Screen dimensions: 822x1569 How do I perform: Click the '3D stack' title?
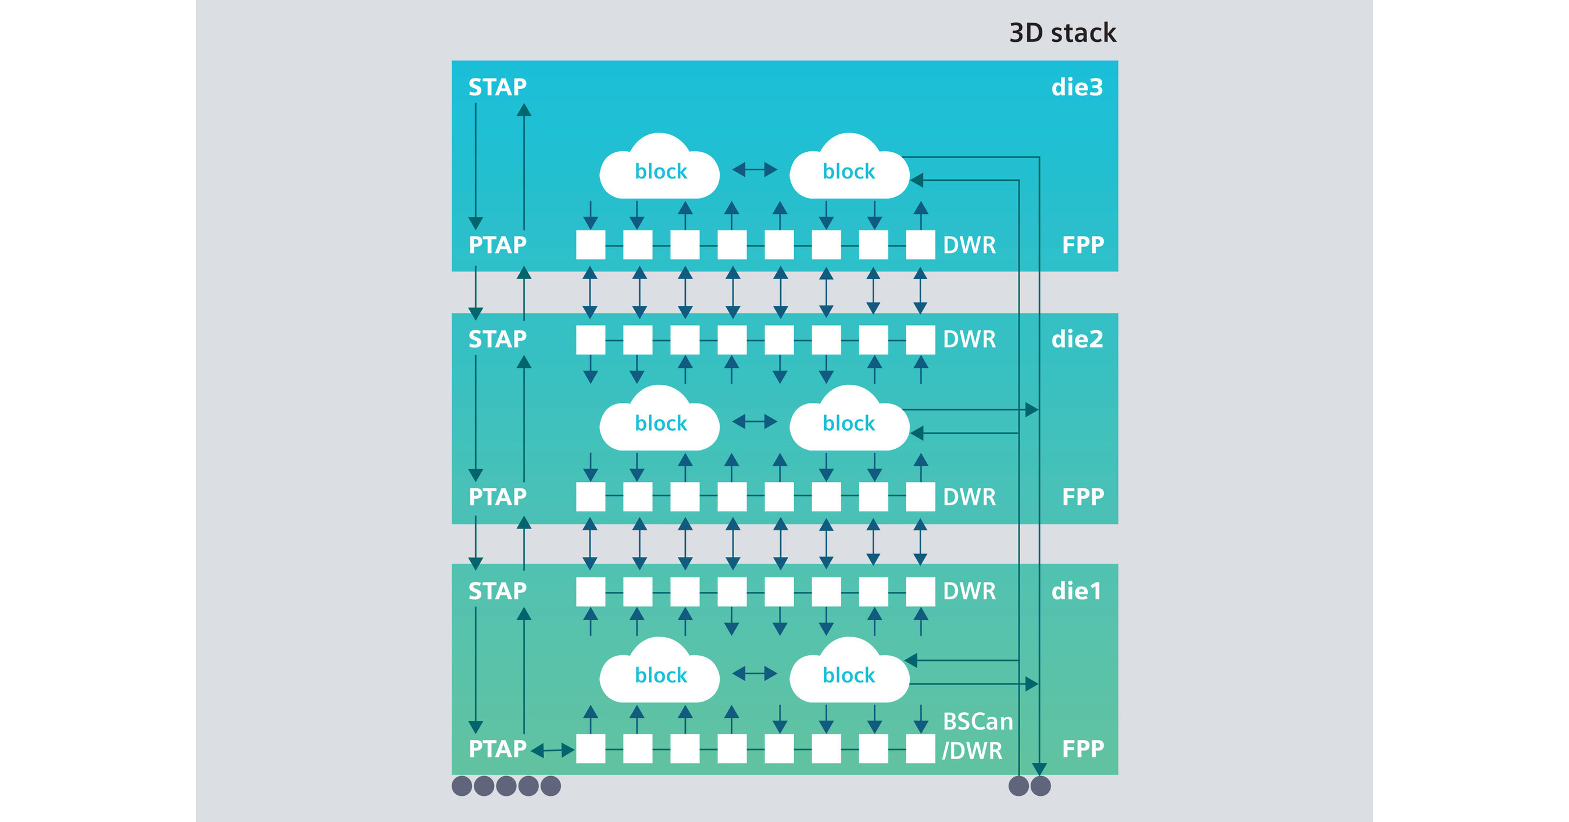pos(1062,33)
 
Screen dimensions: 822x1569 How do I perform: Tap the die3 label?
pos(1077,88)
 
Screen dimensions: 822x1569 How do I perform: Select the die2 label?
pos(1077,339)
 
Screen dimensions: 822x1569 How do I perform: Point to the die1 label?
pos(1076,591)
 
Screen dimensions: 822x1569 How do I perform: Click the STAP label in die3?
pos(497,88)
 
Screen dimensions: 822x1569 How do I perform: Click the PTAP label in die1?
pos(497,749)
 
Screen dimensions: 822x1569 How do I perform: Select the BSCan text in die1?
pos(978,721)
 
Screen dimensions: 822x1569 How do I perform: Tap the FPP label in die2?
pos(1082,497)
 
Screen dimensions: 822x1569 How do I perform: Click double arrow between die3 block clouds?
pos(754,169)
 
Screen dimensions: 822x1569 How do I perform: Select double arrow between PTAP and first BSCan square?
pos(552,750)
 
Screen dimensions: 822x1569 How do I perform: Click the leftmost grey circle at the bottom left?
pos(462,786)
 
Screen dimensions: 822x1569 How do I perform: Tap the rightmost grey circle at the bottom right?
pos(1040,786)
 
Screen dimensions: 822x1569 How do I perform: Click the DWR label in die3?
pos(969,245)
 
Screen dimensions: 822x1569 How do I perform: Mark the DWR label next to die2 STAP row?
pos(969,339)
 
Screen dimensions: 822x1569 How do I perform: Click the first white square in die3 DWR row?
pos(590,245)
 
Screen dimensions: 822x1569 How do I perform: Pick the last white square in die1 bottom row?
pos(920,748)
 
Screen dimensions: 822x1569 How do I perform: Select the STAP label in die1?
pos(497,591)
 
